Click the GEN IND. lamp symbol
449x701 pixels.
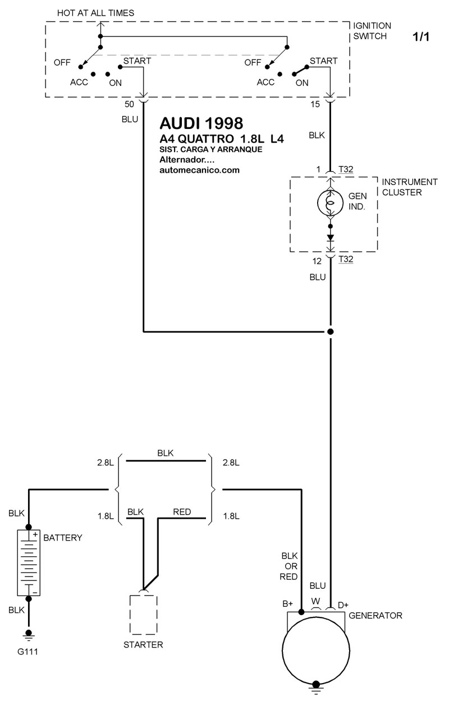[x=330, y=202]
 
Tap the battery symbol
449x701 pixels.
[x=29, y=562]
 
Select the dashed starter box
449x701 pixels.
[x=144, y=615]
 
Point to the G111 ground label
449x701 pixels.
[x=28, y=652]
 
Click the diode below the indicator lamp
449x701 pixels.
[x=331, y=238]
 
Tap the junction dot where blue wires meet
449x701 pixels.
[x=331, y=331]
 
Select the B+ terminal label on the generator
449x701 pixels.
[x=287, y=603]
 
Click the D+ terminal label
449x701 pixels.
[x=343, y=605]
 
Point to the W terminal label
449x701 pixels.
[x=315, y=601]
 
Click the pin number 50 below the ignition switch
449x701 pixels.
[x=129, y=104]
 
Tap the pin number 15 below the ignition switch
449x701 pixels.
[x=315, y=104]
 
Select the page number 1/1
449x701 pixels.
[x=421, y=36]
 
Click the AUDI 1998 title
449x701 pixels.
[x=201, y=123]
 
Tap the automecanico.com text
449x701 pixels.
[x=199, y=170]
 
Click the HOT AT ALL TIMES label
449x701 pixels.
[x=95, y=13]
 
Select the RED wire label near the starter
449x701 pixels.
[x=182, y=511]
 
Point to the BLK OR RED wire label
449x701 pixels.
[x=289, y=566]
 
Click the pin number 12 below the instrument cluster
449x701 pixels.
[x=317, y=261]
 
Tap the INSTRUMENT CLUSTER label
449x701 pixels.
[x=410, y=187]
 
